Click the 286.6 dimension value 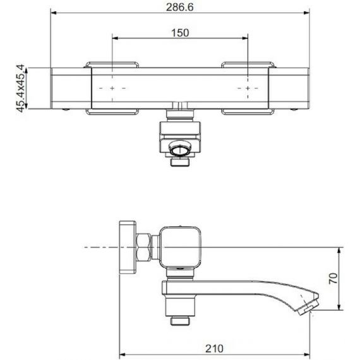(180, 7)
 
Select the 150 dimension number (180, 33)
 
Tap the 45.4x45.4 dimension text (20, 88)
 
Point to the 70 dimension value (333, 279)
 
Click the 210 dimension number (214, 349)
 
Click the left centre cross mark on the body (112, 88)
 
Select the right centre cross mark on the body (248, 88)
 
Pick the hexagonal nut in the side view (143, 247)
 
